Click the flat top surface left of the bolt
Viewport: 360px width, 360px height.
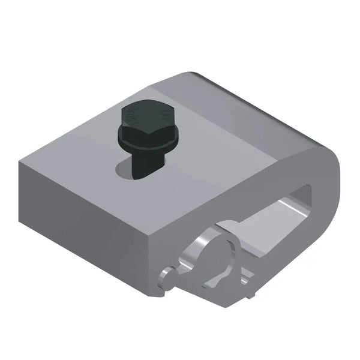(78, 156)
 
